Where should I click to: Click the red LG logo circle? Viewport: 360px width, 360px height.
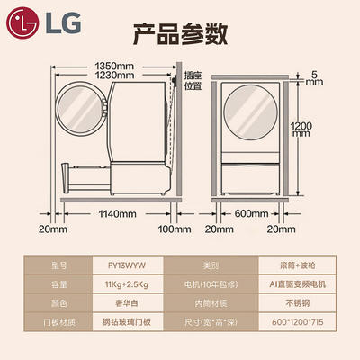(x=23, y=23)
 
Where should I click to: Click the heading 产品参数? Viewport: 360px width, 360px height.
(x=180, y=34)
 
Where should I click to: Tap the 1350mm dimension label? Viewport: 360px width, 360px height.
(x=114, y=66)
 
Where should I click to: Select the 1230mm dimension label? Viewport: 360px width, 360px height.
(x=114, y=75)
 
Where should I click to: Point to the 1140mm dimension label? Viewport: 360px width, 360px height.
(x=117, y=214)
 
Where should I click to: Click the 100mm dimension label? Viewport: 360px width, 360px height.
(x=175, y=229)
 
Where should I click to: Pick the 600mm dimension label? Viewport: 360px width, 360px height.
(x=251, y=213)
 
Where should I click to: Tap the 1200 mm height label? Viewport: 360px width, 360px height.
(x=301, y=130)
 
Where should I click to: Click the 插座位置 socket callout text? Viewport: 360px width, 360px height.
(x=193, y=81)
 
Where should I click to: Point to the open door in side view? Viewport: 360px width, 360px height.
(x=81, y=108)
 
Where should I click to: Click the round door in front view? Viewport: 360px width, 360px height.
(x=251, y=112)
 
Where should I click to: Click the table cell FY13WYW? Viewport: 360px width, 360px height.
(x=128, y=265)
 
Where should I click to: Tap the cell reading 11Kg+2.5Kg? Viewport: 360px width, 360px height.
(x=128, y=284)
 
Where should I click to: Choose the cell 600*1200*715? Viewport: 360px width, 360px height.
(x=297, y=322)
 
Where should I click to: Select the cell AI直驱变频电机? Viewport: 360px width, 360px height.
(x=297, y=284)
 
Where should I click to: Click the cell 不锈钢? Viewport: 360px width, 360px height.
(x=297, y=303)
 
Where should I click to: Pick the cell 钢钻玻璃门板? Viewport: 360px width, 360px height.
(x=128, y=322)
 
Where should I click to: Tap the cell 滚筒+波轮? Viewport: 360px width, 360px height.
(x=297, y=265)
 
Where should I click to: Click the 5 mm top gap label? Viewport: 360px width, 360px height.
(x=314, y=78)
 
